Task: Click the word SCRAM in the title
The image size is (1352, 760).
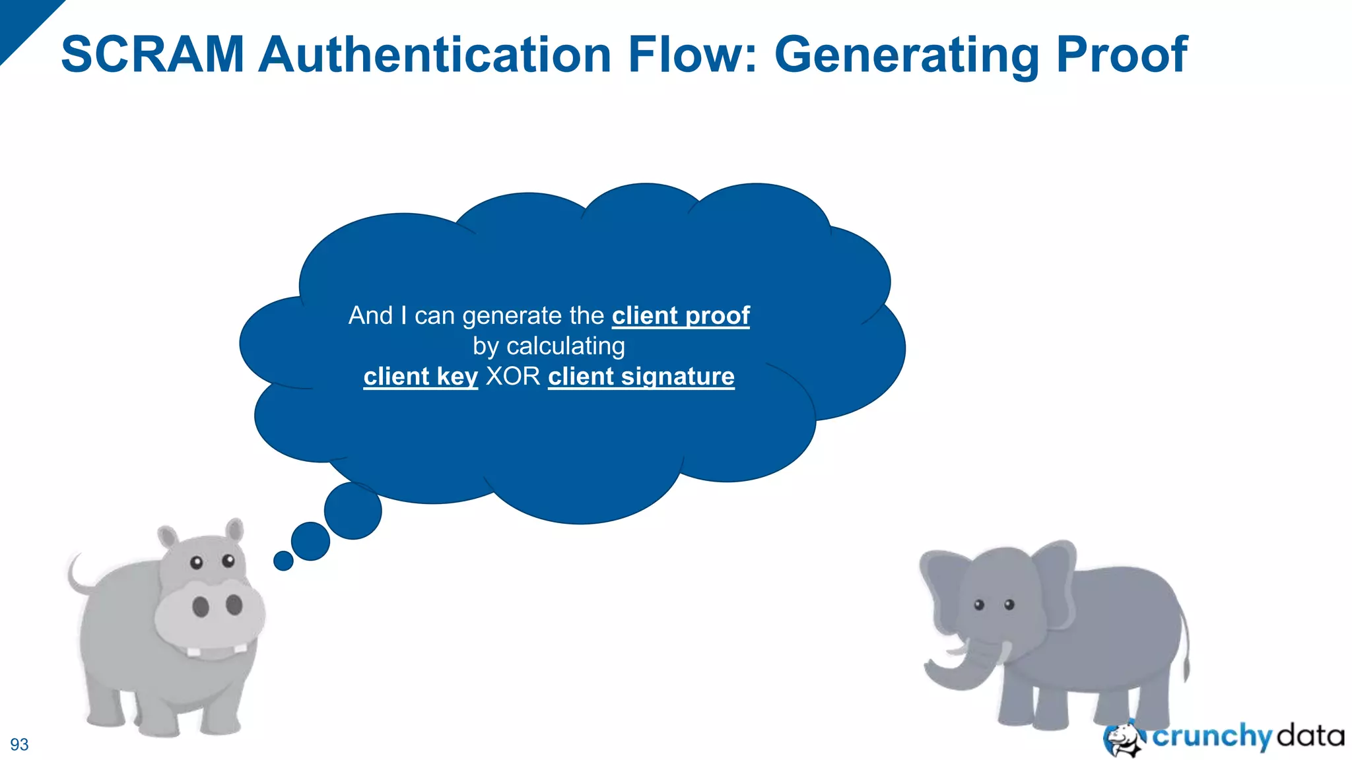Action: click(152, 54)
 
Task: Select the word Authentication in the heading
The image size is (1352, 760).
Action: click(435, 54)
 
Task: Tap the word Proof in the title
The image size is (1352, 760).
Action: click(1122, 54)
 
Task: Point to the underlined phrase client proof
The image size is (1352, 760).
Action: click(681, 315)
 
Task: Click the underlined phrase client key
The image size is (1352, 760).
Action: click(421, 376)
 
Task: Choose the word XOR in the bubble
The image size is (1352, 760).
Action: click(513, 376)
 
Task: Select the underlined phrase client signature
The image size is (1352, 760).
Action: click(641, 376)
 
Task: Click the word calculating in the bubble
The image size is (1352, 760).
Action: click(565, 346)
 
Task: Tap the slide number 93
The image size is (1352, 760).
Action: click(19, 744)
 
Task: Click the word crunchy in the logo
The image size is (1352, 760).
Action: click(1212, 736)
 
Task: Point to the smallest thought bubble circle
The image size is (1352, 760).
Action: click(283, 561)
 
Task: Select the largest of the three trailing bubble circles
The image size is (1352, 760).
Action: click(353, 511)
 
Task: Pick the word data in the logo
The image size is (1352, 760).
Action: click(1310, 735)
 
